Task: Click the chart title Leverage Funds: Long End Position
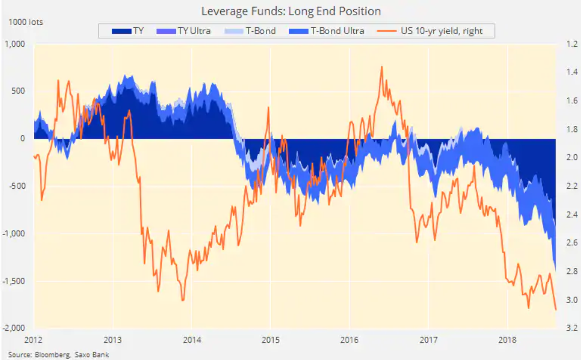[291, 11]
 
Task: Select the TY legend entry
[128, 31]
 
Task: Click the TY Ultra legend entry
[186, 31]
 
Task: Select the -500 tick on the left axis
[17, 186]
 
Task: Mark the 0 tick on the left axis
[23, 138]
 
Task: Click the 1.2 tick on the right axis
[571, 44]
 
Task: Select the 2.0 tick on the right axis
[571, 158]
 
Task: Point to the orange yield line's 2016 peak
[381, 66]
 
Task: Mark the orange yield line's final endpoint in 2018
[555, 310]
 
